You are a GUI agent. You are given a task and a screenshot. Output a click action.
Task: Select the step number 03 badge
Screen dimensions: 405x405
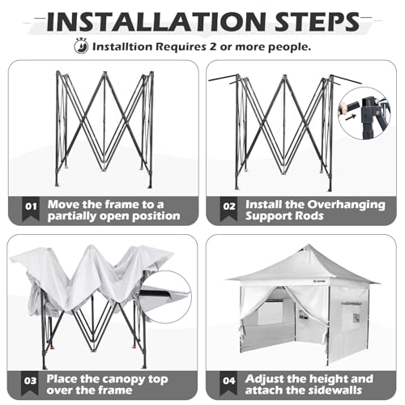[29, 377]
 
